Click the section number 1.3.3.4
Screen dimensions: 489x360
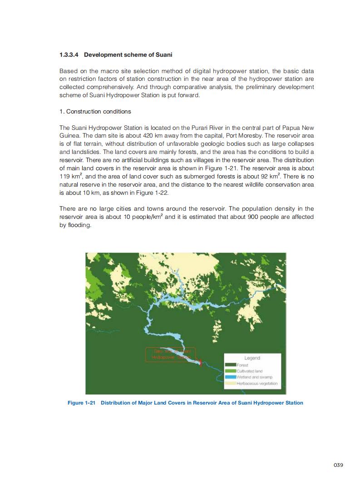pos(69,55)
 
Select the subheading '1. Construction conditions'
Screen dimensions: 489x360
pos(95,112)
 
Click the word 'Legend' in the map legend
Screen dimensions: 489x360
pos(252,358)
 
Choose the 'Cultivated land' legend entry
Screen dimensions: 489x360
pos(249,371)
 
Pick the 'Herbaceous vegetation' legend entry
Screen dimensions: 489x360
pos(257,384)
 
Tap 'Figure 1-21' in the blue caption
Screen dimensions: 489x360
pos(81,403)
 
